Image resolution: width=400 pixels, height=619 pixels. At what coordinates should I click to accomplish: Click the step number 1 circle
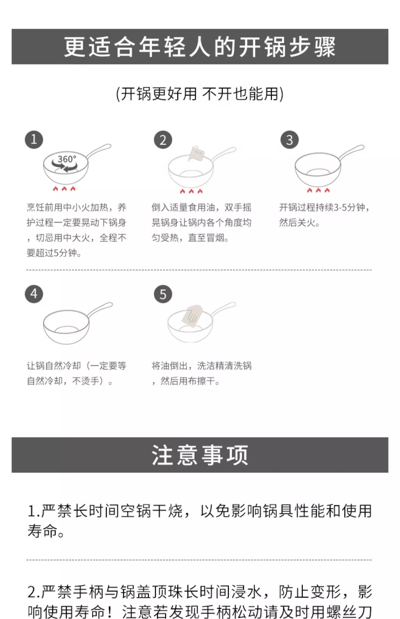(34, 139)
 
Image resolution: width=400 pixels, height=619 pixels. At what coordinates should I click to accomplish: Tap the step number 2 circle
(163, 140)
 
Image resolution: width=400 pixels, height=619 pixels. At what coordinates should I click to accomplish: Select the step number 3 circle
(289, 140)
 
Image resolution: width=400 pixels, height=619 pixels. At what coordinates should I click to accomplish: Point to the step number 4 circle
(34, 294)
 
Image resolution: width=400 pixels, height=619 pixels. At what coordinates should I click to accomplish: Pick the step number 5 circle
(163, 294)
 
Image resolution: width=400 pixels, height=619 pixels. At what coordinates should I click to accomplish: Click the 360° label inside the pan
(67, 159)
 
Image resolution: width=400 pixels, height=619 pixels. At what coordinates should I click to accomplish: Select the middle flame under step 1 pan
(64, 189)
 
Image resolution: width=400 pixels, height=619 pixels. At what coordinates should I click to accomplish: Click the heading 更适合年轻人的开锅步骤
(200, 47)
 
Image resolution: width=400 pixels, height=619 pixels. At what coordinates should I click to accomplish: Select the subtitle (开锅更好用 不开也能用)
(200, 94)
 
